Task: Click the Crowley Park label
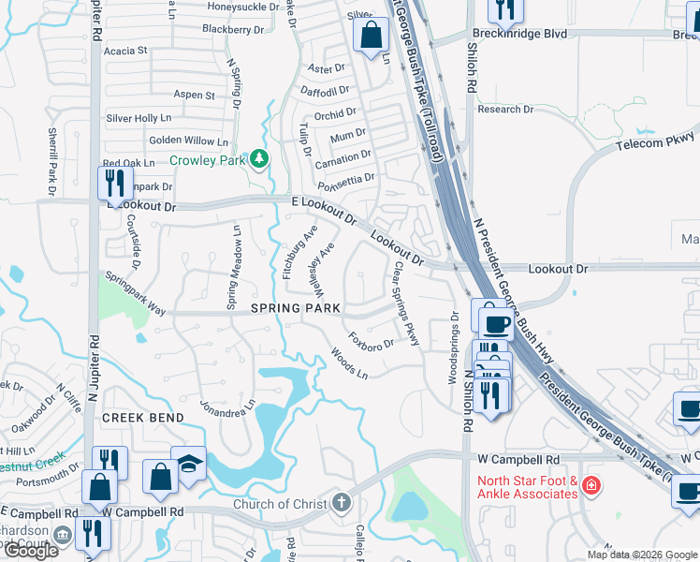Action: pos(206,160)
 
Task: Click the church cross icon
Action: pos(342,503)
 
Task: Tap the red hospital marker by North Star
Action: pos(590,485)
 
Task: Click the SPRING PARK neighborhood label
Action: pos(296,308)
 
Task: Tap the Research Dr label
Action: pos(505,110)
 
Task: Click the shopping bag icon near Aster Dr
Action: pos(372,37)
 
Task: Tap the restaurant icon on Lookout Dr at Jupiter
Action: pos(114,183)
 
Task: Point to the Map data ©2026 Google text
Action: pos(642,555)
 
